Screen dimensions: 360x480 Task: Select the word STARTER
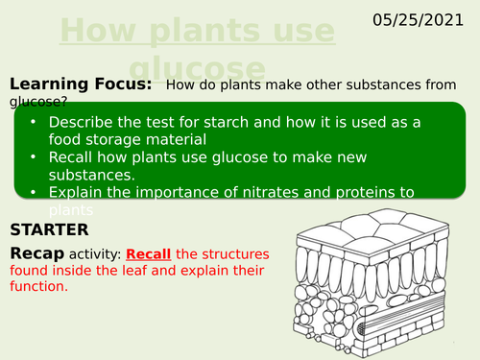point(48,229)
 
